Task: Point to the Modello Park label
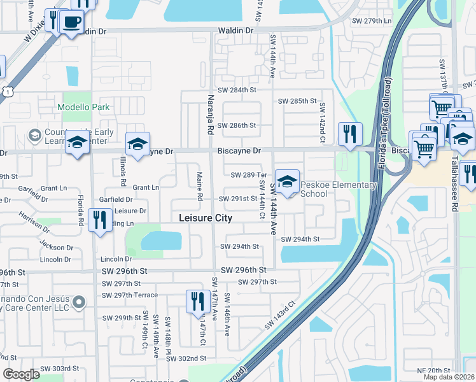(x=84, y=108)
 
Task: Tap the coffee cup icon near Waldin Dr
(x=71, y=22)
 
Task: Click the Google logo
(x=22, y=374)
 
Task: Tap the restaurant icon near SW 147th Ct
(x=198, y=301)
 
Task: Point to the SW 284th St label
(x=237, y=90)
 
